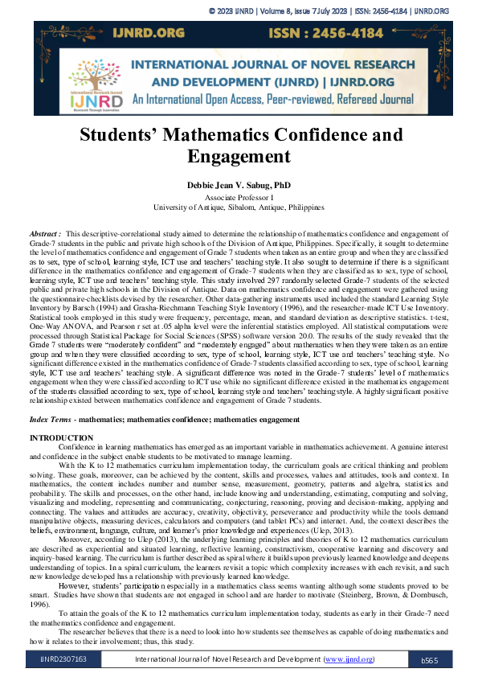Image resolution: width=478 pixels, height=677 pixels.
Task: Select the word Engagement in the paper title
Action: point(239,156)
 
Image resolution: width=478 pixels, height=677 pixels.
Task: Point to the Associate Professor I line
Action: point(239,197)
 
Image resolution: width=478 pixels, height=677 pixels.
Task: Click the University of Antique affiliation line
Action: point(239,207)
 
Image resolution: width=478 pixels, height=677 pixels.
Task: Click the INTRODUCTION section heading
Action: point(61,437)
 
